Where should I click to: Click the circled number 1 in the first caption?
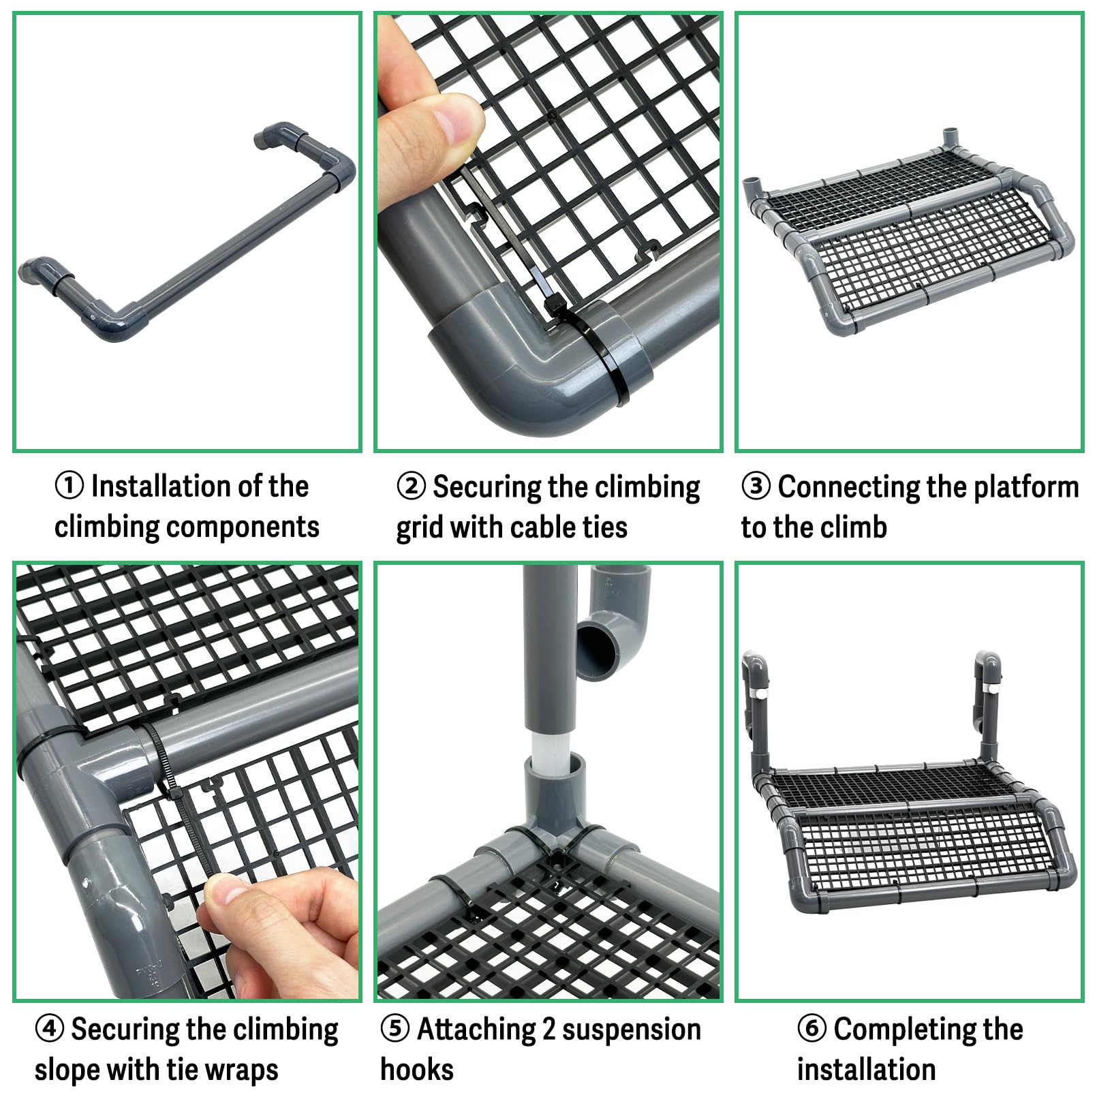point(69,486)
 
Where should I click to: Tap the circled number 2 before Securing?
point(411,486)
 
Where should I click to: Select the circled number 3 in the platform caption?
point(756,486)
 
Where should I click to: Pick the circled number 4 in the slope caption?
point(49,1028)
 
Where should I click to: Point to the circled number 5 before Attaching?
point(395,1028)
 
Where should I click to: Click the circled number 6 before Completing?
point(812,1028)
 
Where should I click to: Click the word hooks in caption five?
point(417,1069)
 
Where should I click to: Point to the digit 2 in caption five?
point(548,1029)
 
